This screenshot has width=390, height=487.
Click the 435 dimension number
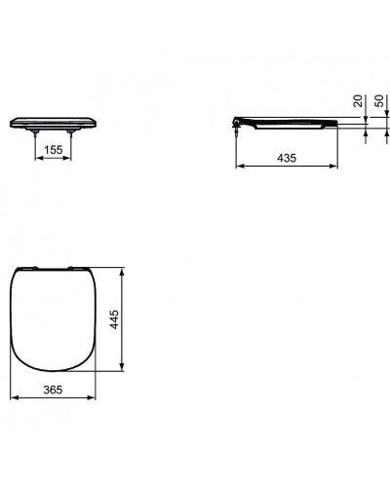[288, 157]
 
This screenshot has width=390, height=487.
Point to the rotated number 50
[376, 104]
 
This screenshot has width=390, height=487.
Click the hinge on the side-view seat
[238, 122]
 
